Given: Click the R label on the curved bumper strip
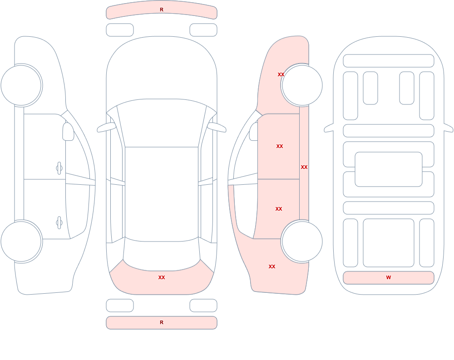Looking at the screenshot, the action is pos(162,10).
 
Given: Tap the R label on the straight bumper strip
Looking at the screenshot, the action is pos(162,322).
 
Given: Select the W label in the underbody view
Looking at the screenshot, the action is pos(389,277).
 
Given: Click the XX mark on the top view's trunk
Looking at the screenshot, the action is pos(162,277).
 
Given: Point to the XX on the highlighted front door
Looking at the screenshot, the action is pos(279,146).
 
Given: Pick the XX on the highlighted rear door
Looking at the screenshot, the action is pos(279,209).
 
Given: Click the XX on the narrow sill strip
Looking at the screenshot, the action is pos(304,167).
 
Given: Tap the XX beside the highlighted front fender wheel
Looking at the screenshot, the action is pos(281,74).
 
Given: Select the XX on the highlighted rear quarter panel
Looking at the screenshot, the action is pos(272,266).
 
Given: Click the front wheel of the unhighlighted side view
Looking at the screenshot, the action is pos(21,85).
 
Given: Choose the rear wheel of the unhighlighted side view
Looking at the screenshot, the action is pos(21,242).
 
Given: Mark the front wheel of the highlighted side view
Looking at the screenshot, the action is pos(302,85).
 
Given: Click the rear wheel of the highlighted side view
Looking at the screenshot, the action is pos(302,242).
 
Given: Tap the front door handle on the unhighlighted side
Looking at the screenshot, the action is pos(59,168).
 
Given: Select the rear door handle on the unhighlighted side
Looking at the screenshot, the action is pos(59,223).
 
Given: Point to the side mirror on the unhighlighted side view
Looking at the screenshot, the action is pos(68,132).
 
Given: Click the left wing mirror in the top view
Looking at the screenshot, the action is pos(106,128).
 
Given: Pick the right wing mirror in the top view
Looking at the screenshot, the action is pos(217,128).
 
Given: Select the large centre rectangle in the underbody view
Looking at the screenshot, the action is pos(389,169).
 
